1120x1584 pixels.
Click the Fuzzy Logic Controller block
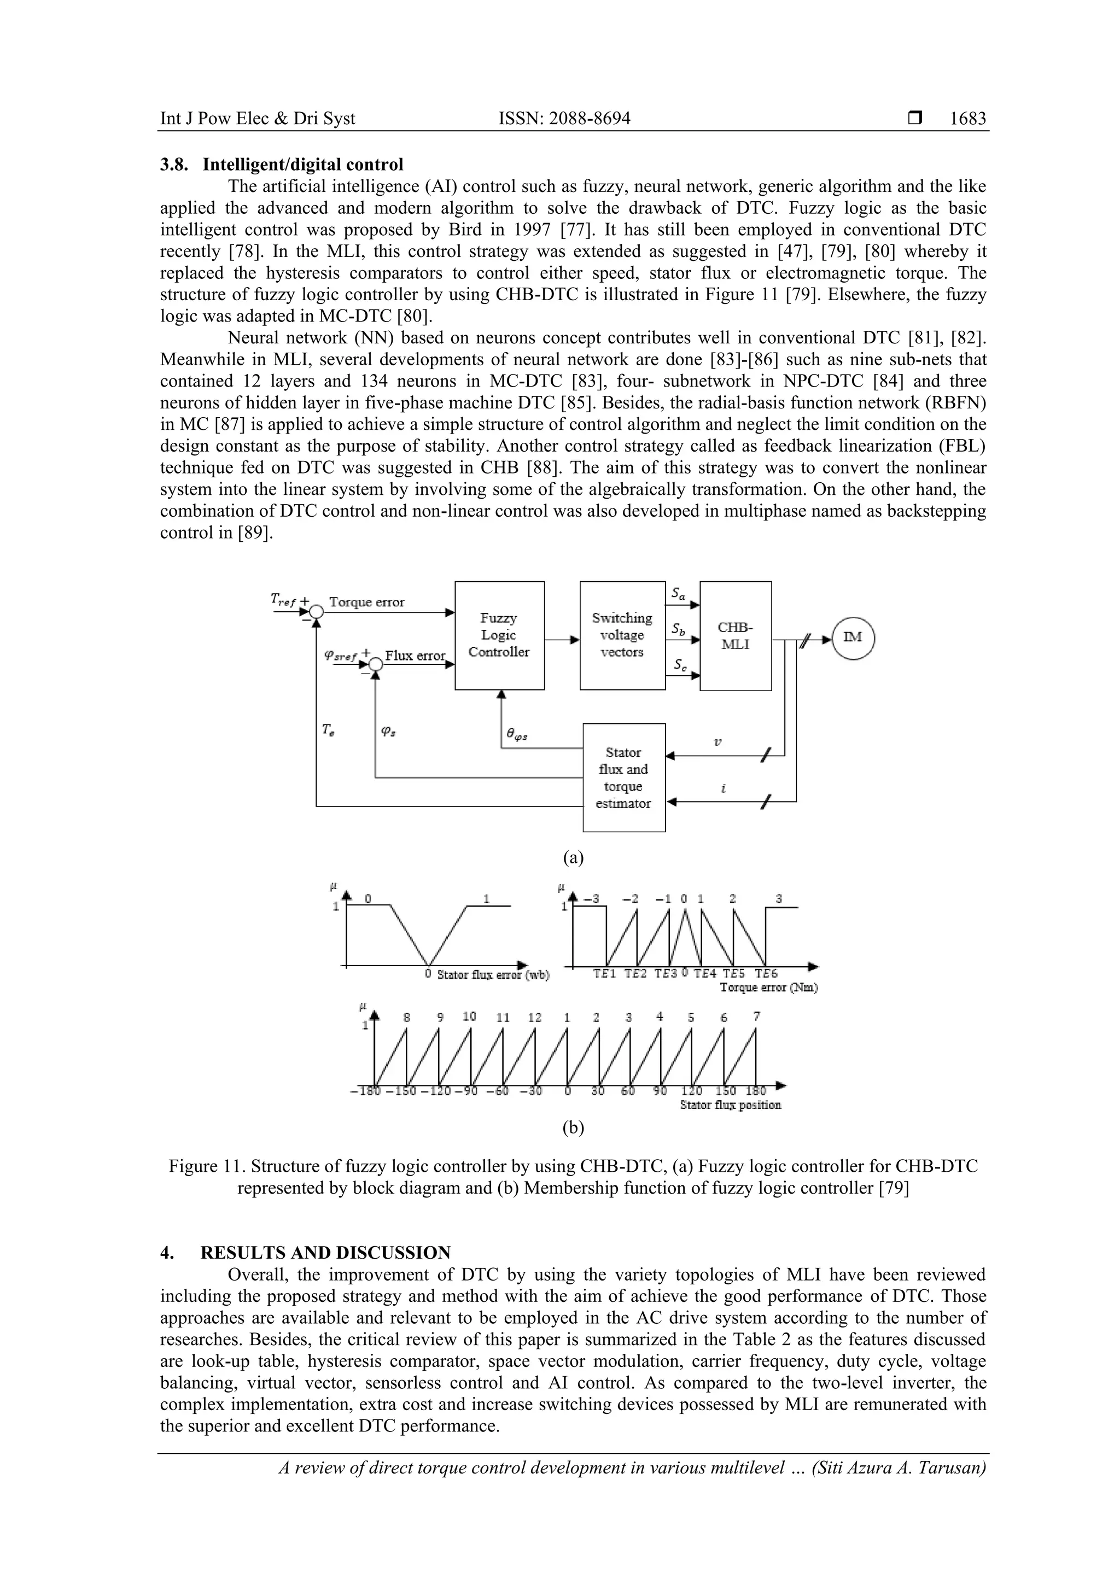[499, 635]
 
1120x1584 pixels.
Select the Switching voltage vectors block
[622, 635]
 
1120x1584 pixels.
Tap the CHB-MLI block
[736, 635]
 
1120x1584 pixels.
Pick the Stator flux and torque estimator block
[624, 778]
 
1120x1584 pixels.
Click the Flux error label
[415, 656]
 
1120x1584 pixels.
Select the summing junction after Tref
[316, 611]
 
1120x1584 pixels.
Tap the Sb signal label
[678, 630]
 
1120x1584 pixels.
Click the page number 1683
[967, 119]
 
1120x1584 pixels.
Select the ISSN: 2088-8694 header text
[564, 119]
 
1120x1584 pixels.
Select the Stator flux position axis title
[730, 1104]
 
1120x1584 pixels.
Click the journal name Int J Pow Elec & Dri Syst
[258, 119]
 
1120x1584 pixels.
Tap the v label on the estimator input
[717, 743]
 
